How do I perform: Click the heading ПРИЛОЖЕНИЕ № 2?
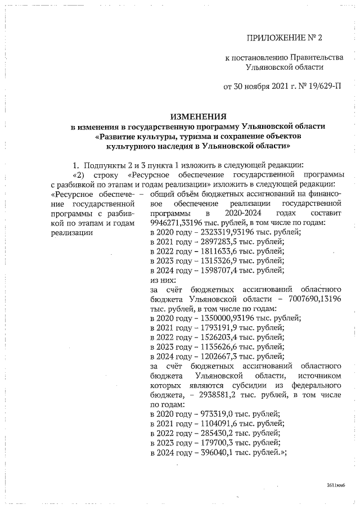285,38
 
